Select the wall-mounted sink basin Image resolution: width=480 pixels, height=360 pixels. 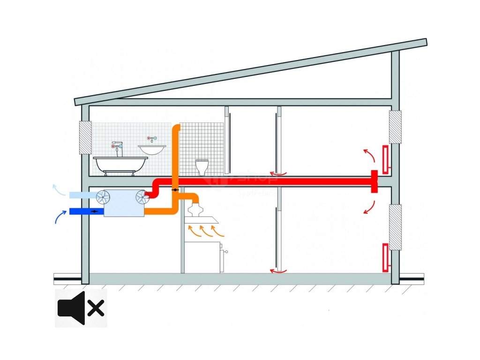click(152, 149)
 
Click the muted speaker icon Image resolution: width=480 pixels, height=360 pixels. click(81, 308)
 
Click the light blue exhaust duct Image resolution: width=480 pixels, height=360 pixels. click(82, 195)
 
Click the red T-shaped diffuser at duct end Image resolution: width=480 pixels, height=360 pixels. click(375, 181)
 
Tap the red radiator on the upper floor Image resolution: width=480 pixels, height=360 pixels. click(385, 158)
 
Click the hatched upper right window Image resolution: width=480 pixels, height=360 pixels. click(395, 127)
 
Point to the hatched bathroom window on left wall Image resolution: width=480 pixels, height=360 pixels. click(85, 138)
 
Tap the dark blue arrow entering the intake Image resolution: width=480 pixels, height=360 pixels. click(60, 216)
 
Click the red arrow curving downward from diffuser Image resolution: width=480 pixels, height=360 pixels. click(369, 207)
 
